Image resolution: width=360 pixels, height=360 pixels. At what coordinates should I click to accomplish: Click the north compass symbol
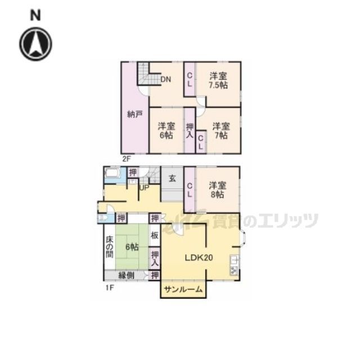(x=35, y=44)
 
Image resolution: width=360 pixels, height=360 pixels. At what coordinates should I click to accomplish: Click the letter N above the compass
(x=35, y=16)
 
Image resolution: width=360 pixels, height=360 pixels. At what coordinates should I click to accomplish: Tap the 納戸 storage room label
(x=135, y=114)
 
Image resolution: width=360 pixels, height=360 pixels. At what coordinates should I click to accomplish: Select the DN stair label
(x=165, y=79)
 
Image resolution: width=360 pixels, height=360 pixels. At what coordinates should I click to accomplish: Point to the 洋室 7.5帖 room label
(x=218, y=80)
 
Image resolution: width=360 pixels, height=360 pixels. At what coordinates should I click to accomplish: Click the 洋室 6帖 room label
(x=166, y=130)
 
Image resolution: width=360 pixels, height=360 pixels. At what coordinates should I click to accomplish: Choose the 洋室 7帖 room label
(x=221, y=130)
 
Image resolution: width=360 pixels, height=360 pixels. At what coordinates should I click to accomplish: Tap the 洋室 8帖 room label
(x=218, y=190)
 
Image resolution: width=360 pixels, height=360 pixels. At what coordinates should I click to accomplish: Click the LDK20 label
(x=199, y=258)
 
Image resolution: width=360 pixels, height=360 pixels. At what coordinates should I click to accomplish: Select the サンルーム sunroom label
(x=183, y=289)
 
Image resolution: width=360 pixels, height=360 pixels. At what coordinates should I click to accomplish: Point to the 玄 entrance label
(x=173, y=178)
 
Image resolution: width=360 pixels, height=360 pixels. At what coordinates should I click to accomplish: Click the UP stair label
(x=145, y=187)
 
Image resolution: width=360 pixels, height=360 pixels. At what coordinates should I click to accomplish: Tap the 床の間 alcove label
(x=110, y=247)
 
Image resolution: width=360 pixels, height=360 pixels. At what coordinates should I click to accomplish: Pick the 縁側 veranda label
(x=126, y=275)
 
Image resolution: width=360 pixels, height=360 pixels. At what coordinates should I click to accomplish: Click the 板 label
(x=155, y=235)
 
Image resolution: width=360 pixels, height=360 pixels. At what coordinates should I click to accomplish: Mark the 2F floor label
(x=126, y=159)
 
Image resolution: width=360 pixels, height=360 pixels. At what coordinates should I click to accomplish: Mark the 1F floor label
(x=110, y=287)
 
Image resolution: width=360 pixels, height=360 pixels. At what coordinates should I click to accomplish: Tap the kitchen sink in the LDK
(x=234, y=260)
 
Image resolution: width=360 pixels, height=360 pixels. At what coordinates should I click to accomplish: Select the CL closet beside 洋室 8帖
(x=190, y=190)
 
